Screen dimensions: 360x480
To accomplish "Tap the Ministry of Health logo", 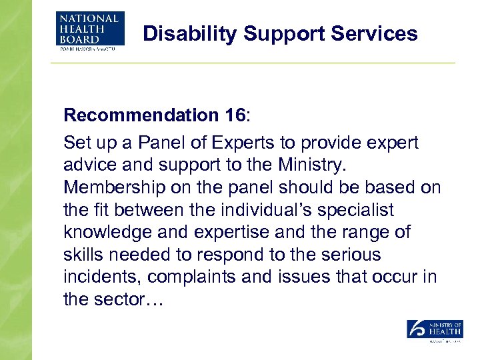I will point(435,331).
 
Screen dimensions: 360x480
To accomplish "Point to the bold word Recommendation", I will point(137,115).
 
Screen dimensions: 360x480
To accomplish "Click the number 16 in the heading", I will point(233,115).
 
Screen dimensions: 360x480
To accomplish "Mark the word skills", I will point(84,255).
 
